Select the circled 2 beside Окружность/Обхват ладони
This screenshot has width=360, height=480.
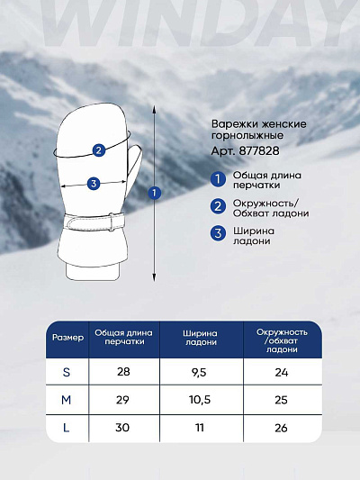click(218, 206)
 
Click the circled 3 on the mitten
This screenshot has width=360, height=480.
click(94, 185)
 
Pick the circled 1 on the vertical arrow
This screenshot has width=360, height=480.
click(154, 192)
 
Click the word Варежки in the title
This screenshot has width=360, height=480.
click(232, 123)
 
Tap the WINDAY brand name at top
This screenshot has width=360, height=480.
click(180, 20)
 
